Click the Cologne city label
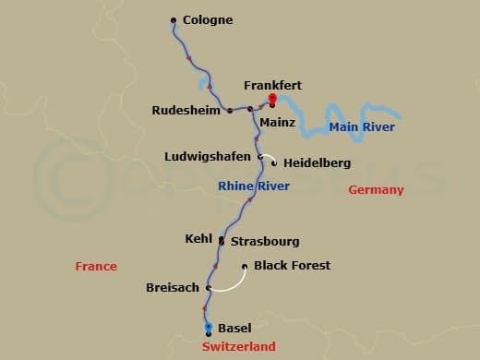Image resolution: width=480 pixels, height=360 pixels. tap(208, 19)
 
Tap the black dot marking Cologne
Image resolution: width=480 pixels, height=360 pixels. tap(174, 19)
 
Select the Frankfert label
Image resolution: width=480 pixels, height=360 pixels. tap(272, 85)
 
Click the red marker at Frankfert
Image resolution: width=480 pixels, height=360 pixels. tap(272, 98)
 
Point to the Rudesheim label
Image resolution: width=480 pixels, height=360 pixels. tap(186, 111)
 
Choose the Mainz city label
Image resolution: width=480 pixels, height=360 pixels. tap(277, 121)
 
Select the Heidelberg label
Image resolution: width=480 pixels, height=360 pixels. tap(317, 163)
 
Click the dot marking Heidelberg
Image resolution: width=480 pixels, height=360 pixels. tap(274, 162)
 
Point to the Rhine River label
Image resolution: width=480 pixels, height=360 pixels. tap(254, 186)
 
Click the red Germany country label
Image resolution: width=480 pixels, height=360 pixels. tap(376, 190)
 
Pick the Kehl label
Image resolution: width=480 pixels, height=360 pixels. tap(198, 238)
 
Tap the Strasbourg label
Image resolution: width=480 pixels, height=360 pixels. tap(264, 242)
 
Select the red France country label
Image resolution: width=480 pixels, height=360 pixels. tap(96, 267)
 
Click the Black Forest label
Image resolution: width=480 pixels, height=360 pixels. tap(292, 266)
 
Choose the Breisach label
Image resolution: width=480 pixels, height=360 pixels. tap(172, 288)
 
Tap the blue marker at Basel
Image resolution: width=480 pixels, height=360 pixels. tap(209, 327)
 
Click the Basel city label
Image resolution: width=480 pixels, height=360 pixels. tap(234, 328)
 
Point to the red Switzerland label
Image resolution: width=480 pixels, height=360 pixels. tap(238, 347)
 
